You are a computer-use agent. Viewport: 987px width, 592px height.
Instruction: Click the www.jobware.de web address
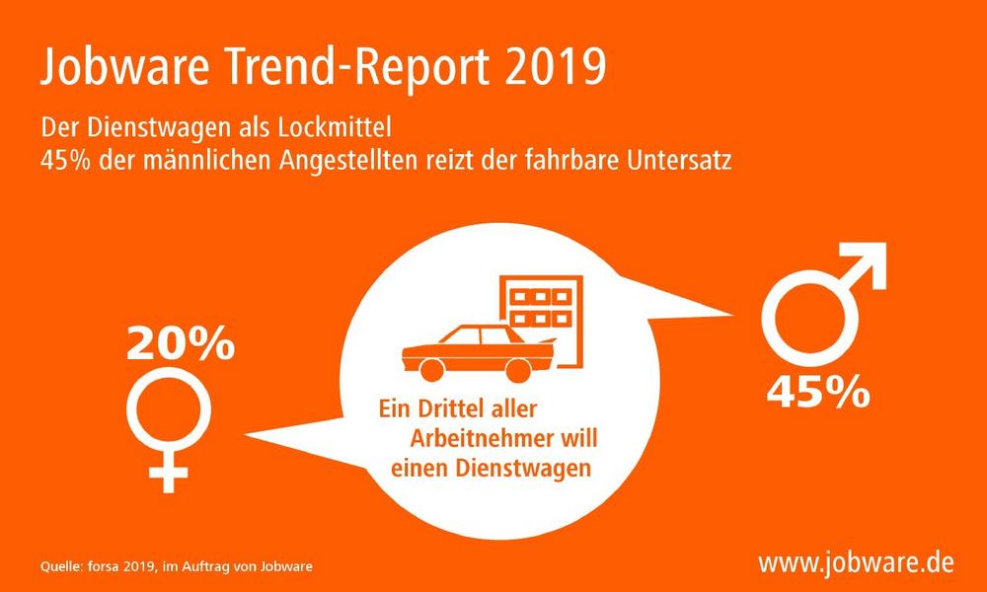click(856, 563)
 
